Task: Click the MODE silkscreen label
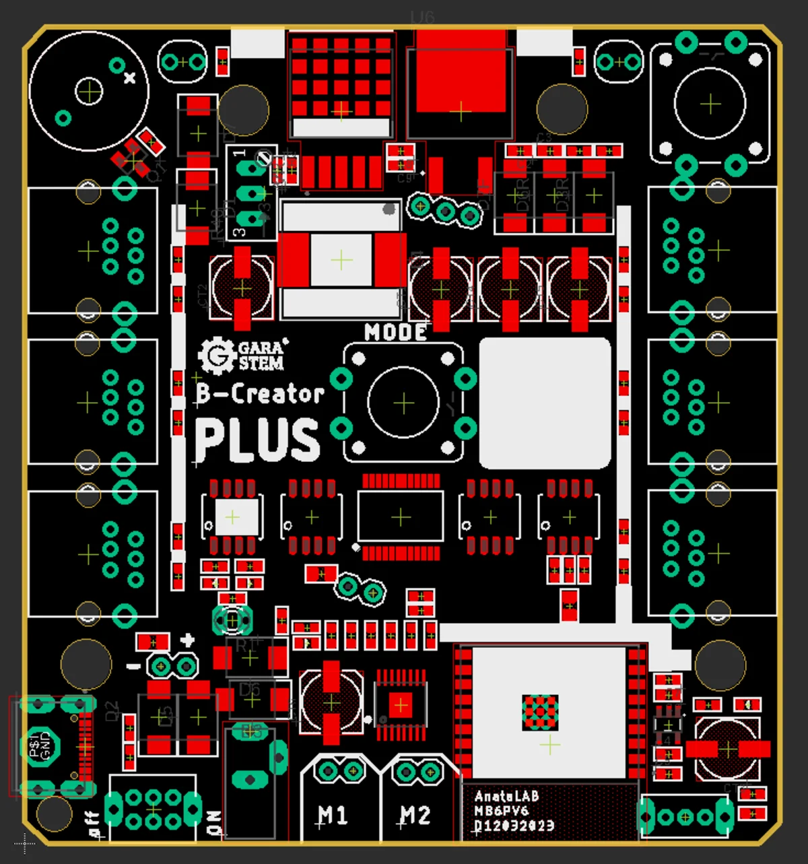395,332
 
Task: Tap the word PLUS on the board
257,440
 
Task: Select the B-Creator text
260,394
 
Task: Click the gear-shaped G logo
216,355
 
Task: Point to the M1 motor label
333,816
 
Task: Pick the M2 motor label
415,816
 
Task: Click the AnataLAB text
506,797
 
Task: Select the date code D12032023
514,826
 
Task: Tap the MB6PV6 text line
502,811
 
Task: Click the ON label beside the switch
215,822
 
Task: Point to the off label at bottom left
94,823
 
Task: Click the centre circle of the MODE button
403,403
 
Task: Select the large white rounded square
545,403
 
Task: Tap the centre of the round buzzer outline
89,91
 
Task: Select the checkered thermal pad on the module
540,712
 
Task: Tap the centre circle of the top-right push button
710,104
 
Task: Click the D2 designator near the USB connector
112,710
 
